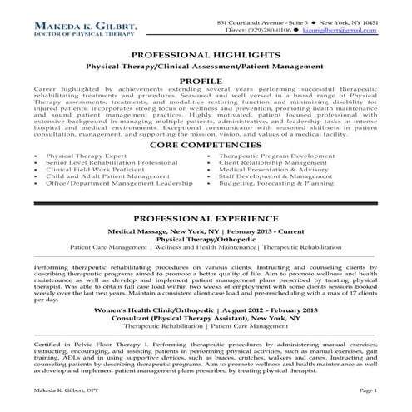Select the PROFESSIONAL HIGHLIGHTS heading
tap(205, 54)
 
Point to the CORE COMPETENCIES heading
tap(206, 143)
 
